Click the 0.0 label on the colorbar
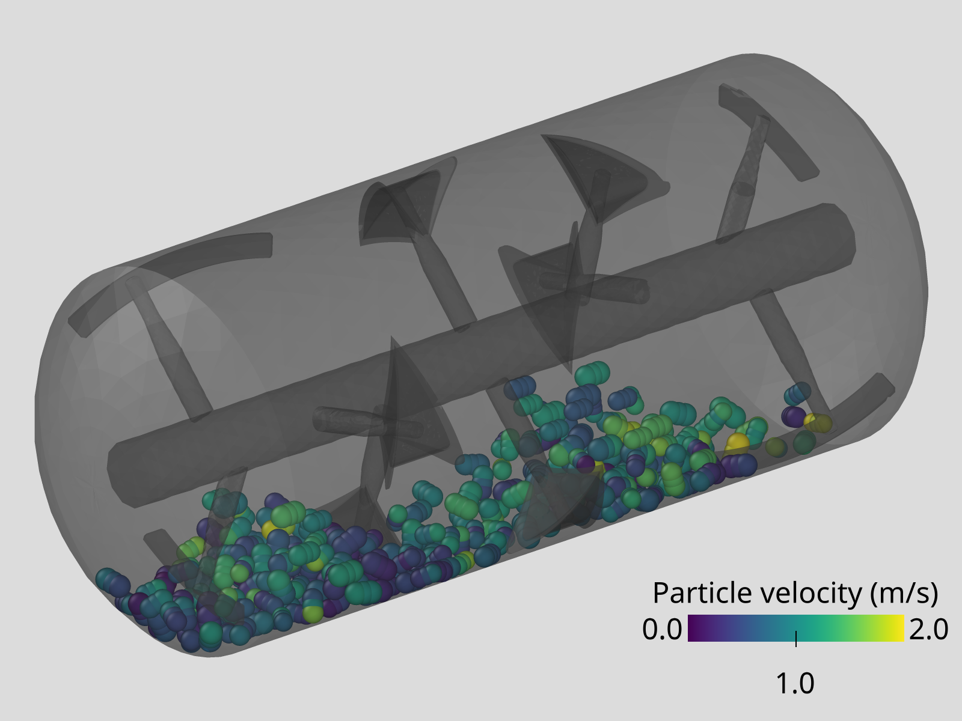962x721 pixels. point(662,630)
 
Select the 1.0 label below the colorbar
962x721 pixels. point(795,684)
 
